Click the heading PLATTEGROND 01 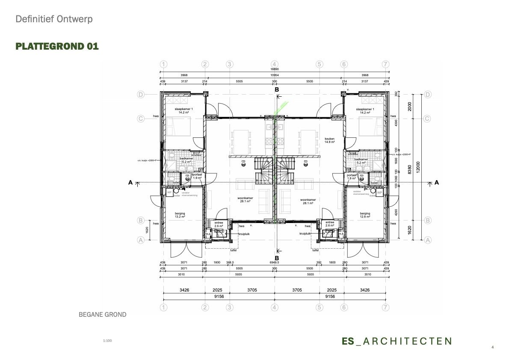point(57,46)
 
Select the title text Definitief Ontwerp point(54,19)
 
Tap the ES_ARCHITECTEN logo point(397,341)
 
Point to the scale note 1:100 point(107,341)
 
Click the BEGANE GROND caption point(103,315)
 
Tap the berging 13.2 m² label point(180,215)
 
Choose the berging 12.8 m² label point(365,215)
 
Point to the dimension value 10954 point(274,75)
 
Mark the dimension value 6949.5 point(274,262)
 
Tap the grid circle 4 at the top point(274,64)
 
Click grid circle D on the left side point(140,95)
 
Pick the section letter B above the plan point(277,89)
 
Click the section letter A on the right point(437,182)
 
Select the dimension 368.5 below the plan point(230,262)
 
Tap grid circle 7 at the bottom point(386,307)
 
